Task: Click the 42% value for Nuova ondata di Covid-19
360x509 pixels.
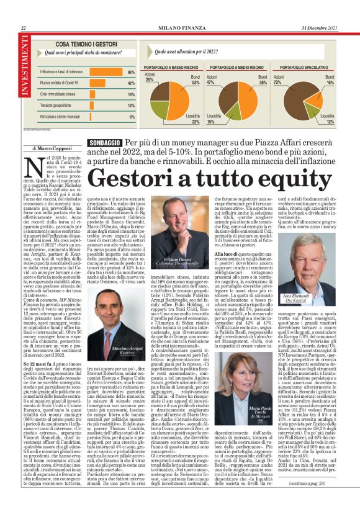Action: click(x=131, y=83)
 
